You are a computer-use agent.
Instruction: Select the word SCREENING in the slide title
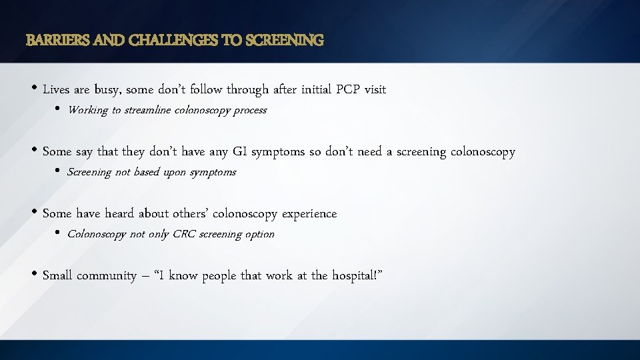(285, 41)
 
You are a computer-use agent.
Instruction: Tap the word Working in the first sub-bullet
(88, 111)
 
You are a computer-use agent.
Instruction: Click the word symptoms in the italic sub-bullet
(213, 173)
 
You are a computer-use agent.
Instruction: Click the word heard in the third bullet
(119, 214)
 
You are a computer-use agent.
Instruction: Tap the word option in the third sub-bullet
(260, 235)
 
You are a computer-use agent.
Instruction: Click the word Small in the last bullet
(57, 276)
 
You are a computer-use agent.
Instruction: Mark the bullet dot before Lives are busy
(34, 89)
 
